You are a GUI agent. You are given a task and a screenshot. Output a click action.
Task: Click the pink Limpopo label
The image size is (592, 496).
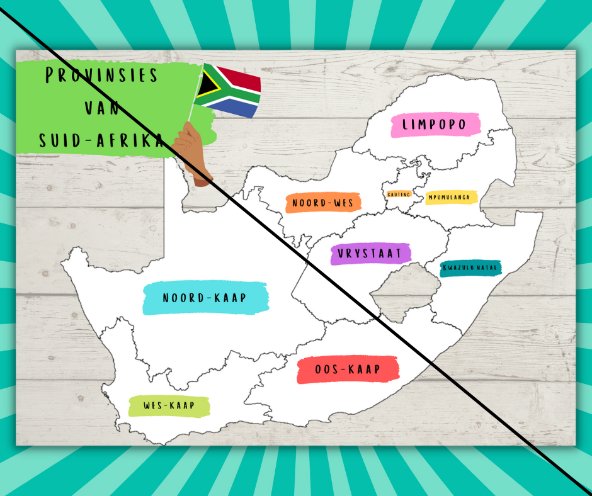tap(435, 125)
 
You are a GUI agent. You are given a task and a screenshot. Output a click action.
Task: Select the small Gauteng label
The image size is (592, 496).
tap(399, 194)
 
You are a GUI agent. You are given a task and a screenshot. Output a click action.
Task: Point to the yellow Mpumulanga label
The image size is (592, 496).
tap(450, 197)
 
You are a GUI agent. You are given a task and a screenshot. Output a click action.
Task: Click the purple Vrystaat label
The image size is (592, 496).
tap(370, 253)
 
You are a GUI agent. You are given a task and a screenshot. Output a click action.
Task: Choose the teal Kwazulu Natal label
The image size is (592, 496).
tap(470, 268)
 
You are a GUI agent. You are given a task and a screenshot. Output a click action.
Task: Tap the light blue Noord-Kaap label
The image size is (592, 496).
tap(205, 298)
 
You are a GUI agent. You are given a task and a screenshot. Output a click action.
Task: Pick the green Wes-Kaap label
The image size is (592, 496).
tap(169, 405)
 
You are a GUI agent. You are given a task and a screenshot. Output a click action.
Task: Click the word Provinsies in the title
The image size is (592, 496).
tap(101, 76)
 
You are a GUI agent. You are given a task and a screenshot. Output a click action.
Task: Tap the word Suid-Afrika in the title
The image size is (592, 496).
tap(101, 140)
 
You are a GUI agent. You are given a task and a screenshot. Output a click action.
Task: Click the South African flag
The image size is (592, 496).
tap(228, 91)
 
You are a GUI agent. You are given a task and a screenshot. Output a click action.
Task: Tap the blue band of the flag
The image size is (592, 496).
tap(236, 108)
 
